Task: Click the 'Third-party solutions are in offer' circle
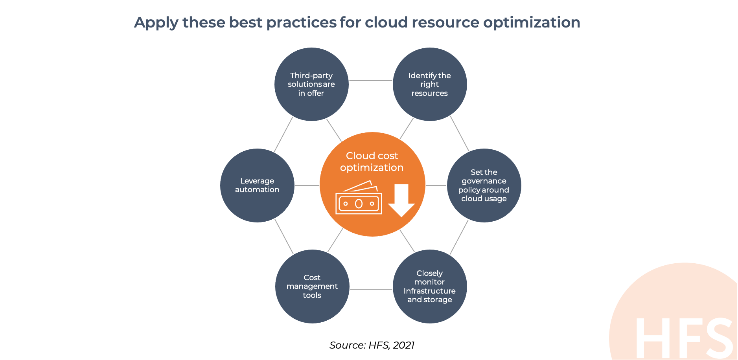click(x=311, y=84)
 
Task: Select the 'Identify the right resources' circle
click(x=430, y=84)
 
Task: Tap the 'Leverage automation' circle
click(x=257, y=186)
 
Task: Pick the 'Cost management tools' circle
click(x=312, y=287)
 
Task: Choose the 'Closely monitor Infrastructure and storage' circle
click(x=430, y=287)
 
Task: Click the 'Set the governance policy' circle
click(x=484, y=186)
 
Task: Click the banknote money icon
click(x=359, y=198)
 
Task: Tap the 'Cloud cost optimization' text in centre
click(x=372, y=162)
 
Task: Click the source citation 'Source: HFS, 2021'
click(x=372, y=345)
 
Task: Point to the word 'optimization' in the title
click(x=532, y=23)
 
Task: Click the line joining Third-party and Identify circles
click(x=371, y=81)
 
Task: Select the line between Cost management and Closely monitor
click(x=371, y=289)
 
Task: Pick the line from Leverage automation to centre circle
click(x=307, y=186)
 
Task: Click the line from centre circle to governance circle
click(x=436, y=186)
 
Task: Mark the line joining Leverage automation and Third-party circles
click(x=283, y=134)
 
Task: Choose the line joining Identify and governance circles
click(x=460, y=134)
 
